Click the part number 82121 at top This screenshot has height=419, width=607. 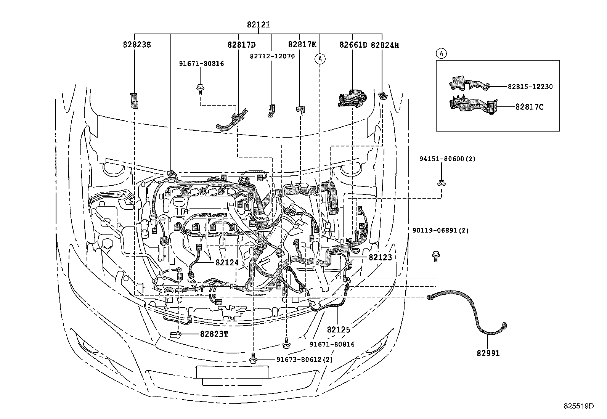258,25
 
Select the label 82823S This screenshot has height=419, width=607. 137,45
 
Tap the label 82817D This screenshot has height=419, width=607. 241,45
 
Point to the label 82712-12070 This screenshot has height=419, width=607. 272,56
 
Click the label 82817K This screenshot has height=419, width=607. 302,44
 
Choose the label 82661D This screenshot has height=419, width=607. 353,45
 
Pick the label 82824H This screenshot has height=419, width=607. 385,45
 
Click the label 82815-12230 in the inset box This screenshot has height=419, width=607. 530,87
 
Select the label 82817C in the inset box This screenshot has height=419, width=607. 529,107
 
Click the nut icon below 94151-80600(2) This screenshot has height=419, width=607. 442,183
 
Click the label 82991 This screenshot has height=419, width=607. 488,353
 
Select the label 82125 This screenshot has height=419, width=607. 338,329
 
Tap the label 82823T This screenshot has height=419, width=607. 214,334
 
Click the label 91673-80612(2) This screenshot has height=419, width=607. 304,359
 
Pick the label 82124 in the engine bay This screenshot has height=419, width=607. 227,262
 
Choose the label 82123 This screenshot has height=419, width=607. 380,257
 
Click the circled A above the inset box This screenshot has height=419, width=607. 441,53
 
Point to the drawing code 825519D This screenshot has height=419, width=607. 579,406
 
